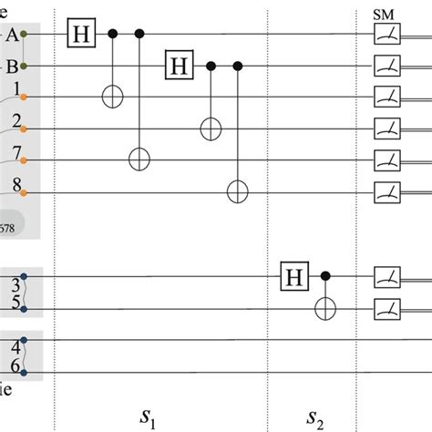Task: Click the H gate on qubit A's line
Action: click(83, 35)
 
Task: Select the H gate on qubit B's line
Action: click(179, 66)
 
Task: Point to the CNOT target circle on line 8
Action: click(238, 191)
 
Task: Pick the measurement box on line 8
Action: click(386, 191)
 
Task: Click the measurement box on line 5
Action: click(386, 308)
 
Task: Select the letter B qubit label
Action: click(11, 66)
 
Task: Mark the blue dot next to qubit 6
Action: click(26, 372)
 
